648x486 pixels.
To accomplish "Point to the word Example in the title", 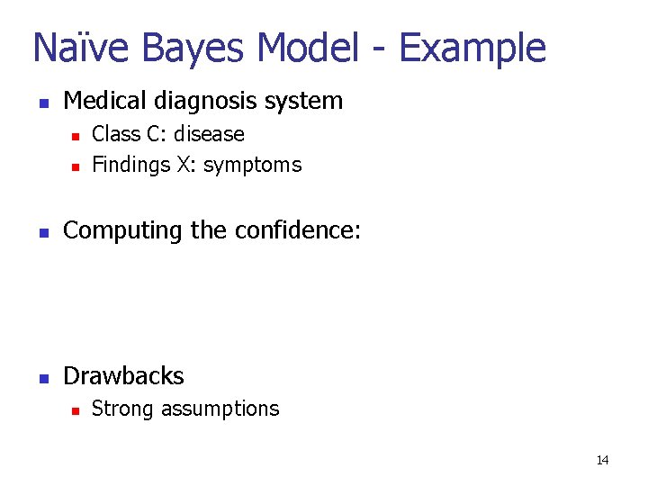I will (x=472, y=48).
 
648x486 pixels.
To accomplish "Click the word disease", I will (x=209, y=134).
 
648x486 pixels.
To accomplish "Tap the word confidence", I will (x=297, y=230).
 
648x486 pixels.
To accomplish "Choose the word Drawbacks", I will (x=123, y=376).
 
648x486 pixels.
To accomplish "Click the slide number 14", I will (x=602, y=461).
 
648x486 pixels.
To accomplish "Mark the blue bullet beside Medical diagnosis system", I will (x=41, y=102).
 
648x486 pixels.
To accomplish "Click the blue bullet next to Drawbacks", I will (x=41, y=378).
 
